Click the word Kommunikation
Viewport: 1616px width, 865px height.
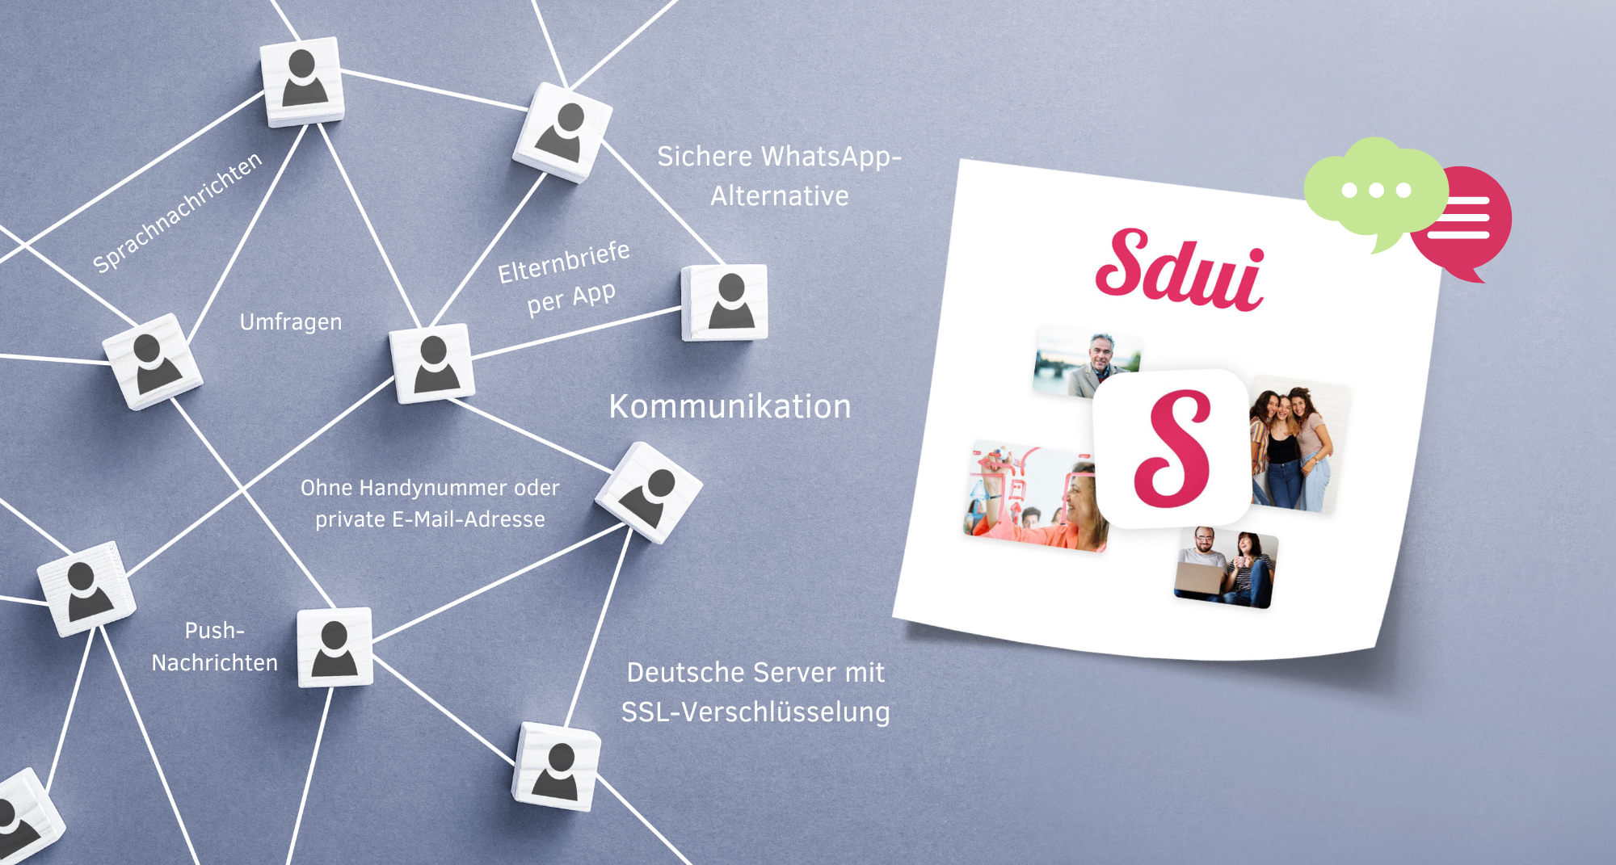(x=730, y=406)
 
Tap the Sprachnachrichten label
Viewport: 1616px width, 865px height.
(x=177, y=212)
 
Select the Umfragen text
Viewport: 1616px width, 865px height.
(x=291, y=322)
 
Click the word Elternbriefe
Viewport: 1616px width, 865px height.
(x=563, y=262)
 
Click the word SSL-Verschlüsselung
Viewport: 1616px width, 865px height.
(x=755, y=712)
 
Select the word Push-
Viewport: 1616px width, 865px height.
(x=214, y=630)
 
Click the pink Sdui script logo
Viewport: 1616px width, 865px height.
(x=1179, y=270)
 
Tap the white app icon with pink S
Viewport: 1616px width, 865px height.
(x=1172, y=448)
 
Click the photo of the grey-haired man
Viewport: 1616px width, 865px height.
(x=1087, y=363)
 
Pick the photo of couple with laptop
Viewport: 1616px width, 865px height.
(x=1226, y=568)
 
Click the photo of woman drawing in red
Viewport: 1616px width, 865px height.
(x=1035, y=496)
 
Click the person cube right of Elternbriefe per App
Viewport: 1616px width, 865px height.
(x=725, y=302)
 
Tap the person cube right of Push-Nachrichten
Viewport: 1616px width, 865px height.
(x=335, y=647)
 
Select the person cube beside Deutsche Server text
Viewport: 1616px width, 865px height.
(x=557, y=766)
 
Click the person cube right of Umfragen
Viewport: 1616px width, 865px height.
(x=432, y=363)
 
